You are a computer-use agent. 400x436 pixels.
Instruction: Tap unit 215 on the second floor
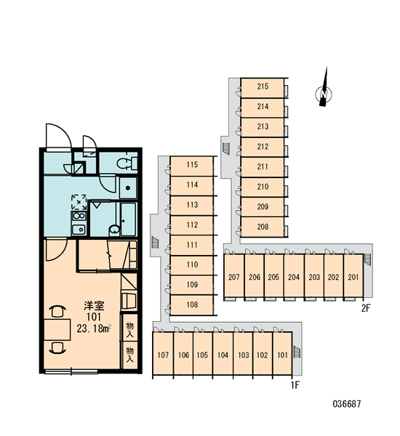[263, 88]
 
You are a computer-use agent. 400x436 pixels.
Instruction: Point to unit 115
[192, 166]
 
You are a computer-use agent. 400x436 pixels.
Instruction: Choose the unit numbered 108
[192, 305]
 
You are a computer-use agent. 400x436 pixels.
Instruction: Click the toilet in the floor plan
[127, 163]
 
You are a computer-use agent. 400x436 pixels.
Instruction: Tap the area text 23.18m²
[94, 328]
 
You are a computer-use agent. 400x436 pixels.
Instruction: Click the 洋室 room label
[94, 306]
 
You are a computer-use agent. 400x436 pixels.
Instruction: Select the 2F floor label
[366, 308]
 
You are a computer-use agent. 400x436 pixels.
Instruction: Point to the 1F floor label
[295, 385]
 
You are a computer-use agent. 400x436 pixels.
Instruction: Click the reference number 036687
[347, 404]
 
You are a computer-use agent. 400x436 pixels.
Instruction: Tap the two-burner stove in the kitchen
[79, 216]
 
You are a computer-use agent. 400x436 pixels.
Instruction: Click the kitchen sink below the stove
[79, 230]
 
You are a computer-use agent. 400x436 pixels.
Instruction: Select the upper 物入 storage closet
[129, 329]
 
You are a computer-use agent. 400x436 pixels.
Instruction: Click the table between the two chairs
[57, 330]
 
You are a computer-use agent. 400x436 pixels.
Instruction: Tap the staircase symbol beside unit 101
[297, 352]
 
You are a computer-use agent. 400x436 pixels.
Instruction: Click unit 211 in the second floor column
[263, 168]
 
